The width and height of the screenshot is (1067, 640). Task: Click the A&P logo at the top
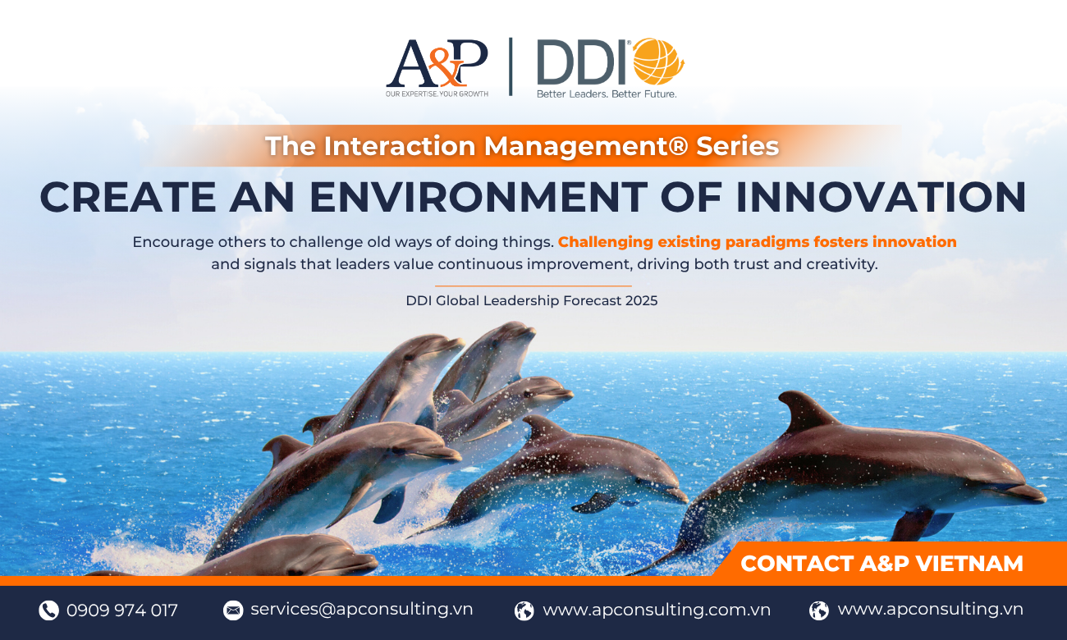437,67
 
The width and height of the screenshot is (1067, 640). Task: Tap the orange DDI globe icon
658,62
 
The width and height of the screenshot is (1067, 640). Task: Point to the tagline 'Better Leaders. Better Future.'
607,94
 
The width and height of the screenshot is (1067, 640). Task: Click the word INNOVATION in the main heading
882,197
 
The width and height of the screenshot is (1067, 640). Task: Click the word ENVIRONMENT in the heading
479,197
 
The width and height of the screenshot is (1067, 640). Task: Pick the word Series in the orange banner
737,146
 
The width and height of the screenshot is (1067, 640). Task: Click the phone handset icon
48,610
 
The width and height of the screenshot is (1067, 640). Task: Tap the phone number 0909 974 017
122,610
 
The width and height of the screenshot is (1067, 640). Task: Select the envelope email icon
233,610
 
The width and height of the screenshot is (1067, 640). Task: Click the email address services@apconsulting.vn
361,610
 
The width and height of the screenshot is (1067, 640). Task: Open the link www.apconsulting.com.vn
657,610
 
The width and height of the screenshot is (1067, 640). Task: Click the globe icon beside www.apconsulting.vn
819,610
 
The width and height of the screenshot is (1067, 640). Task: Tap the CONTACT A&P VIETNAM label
882,564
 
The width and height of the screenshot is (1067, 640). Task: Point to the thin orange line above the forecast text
533,286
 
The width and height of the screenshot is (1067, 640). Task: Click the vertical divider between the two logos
511,66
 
